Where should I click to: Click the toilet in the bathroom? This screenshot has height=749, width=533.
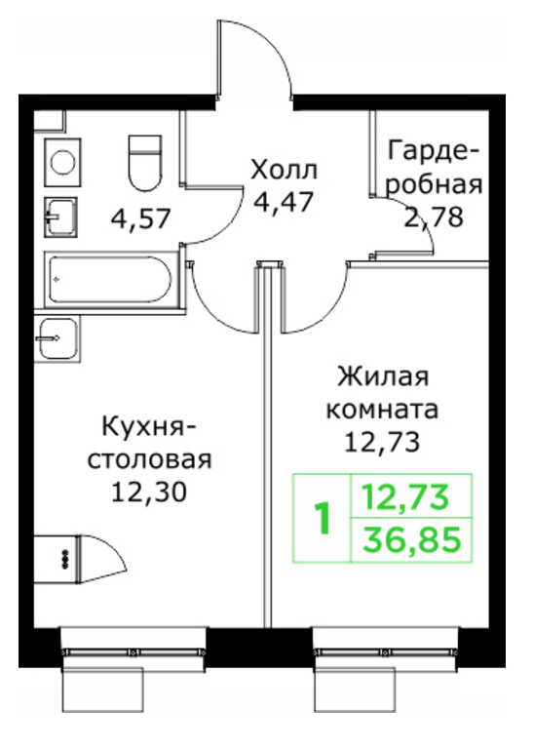(x=145, y=164)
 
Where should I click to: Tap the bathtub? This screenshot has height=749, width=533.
(x=111, y=280)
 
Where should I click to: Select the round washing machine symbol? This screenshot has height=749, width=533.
(x=63, y=163)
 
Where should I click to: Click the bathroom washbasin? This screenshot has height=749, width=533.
(x=60, y=217)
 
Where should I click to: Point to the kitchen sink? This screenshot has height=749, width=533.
(x=57, y=338)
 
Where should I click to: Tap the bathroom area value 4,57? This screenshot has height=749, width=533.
(x=140, y=219)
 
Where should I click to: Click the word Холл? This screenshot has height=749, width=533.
(x=284, y=170)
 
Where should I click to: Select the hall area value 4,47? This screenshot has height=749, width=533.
(x=284, y=202)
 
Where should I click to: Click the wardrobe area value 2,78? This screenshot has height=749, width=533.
(x=434, y=217)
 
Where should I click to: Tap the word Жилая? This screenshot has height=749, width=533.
(x=383, y=377)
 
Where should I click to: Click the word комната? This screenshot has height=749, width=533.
(x=382, y=410)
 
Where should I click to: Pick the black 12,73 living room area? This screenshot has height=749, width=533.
(x=382, y=443)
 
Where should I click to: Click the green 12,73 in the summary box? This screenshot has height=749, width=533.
(x=405, y=496)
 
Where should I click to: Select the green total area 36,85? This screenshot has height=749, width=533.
(x=412, y=539)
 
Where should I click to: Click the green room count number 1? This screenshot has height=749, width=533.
(x=323, y=518)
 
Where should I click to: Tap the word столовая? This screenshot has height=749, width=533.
(x=149, y=460)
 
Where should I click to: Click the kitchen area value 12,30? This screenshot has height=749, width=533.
(x=149, y=492)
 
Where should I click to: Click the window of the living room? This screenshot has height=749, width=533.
(x=385, y=651)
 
